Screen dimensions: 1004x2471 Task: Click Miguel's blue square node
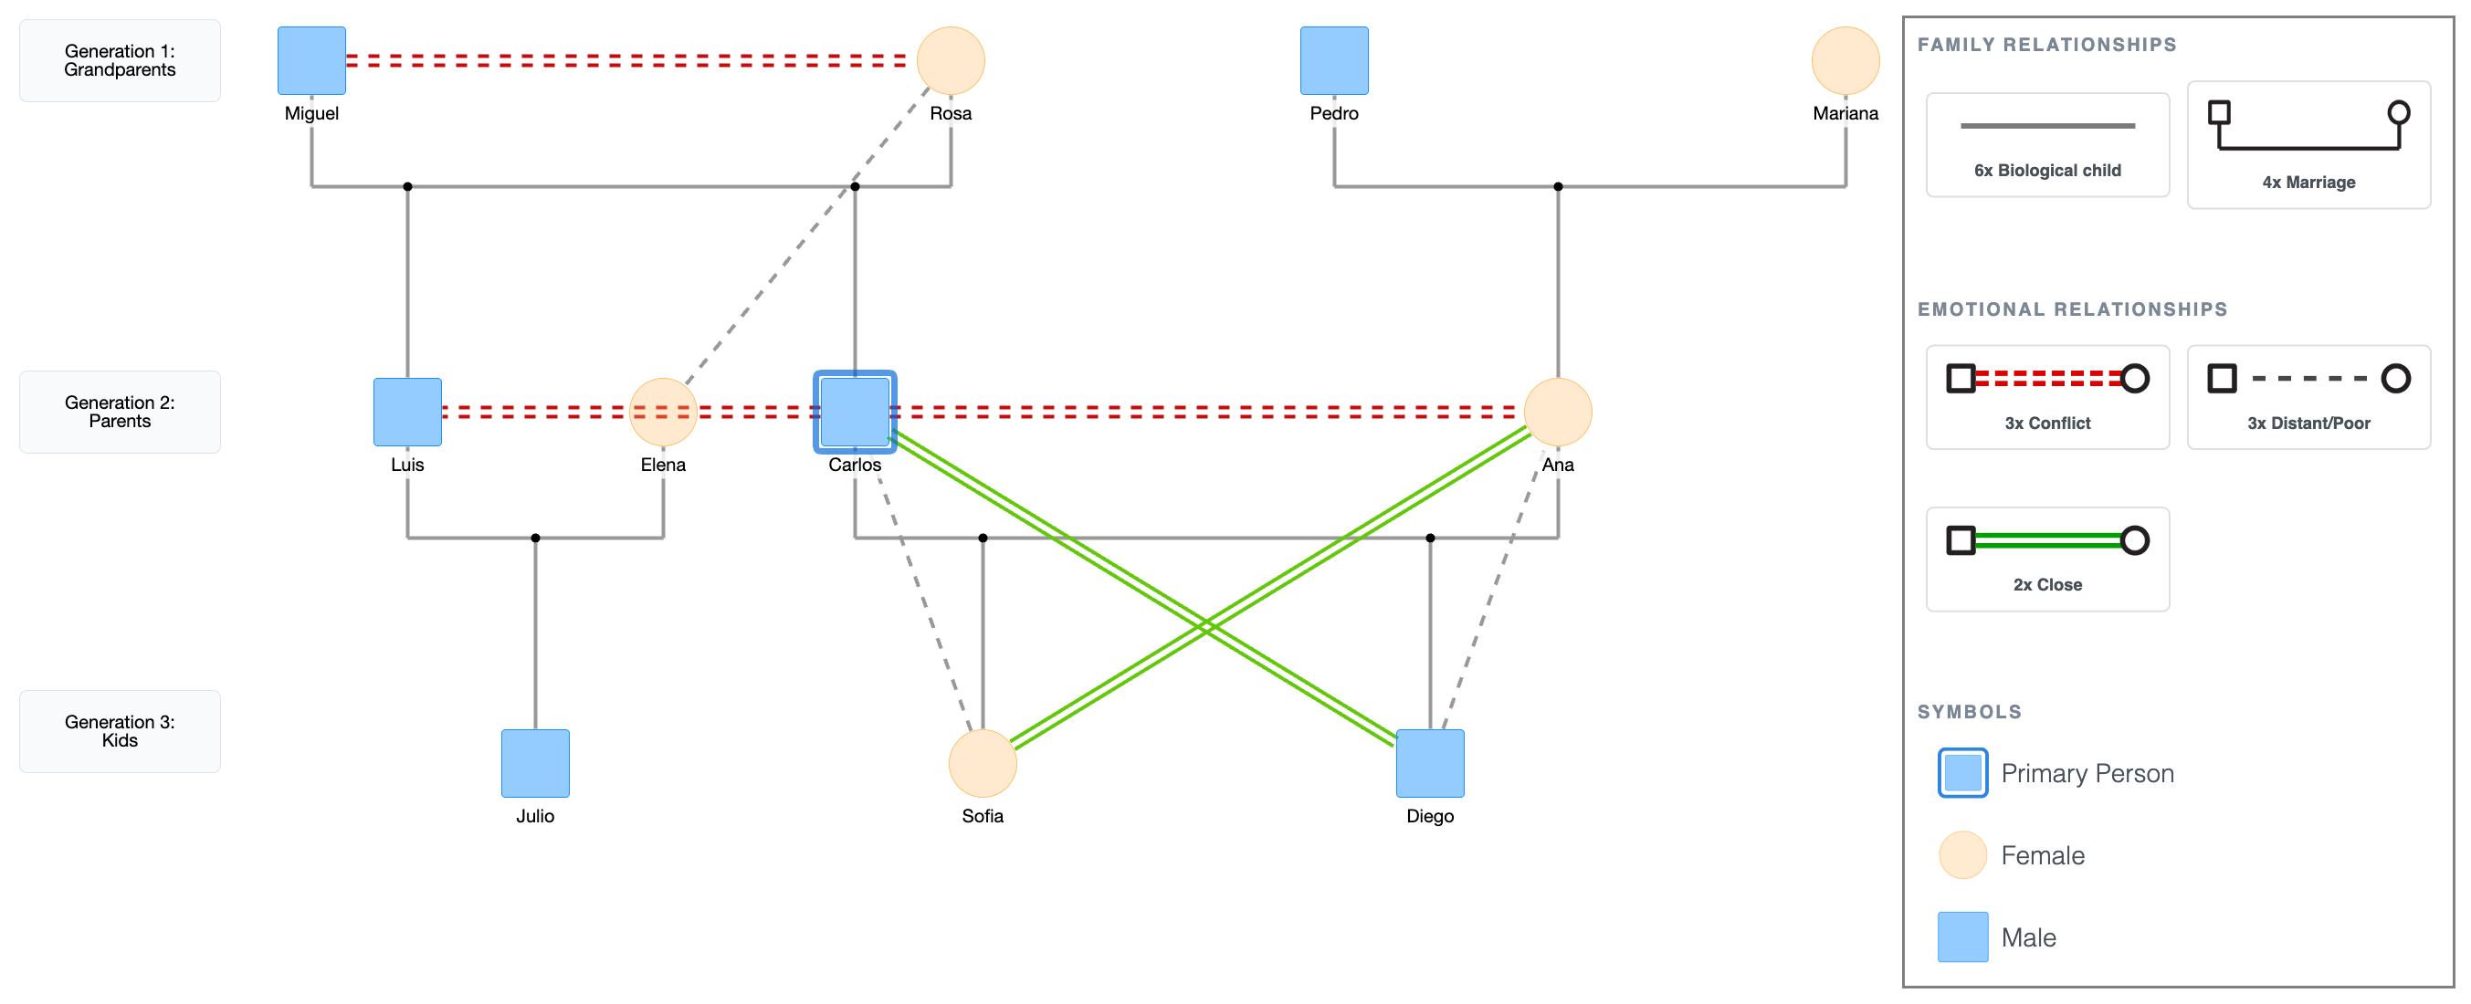click(311, 60)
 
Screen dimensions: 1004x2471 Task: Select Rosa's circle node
click(950, 60)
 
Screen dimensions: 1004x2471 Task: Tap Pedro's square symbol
click(1333, 60)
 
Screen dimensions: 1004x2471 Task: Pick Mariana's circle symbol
click(1845, 60)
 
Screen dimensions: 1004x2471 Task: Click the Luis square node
click(407, 413)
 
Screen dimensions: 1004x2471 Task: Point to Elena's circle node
click(663, 413)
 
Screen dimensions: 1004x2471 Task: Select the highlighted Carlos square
click(855, 413)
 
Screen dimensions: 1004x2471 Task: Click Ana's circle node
click(1558, 413)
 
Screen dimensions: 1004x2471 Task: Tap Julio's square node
click(535, 763)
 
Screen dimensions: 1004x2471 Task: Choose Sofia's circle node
click(983, 763)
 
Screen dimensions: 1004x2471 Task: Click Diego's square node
click(1429, 763)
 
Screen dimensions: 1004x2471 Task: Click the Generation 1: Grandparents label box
click(120, 60)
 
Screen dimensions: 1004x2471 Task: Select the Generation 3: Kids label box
click(120, 731)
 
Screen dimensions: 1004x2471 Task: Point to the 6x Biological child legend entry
click(2047, 145)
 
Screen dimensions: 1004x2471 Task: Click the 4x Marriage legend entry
click(2308, 145)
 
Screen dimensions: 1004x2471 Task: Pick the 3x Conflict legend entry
click(2047, 397)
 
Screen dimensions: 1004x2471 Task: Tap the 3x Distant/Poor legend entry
click(2308, 397)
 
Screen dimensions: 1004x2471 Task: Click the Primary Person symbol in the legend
click(1962, 773)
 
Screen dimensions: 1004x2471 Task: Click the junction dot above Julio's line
click(535, 538)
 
